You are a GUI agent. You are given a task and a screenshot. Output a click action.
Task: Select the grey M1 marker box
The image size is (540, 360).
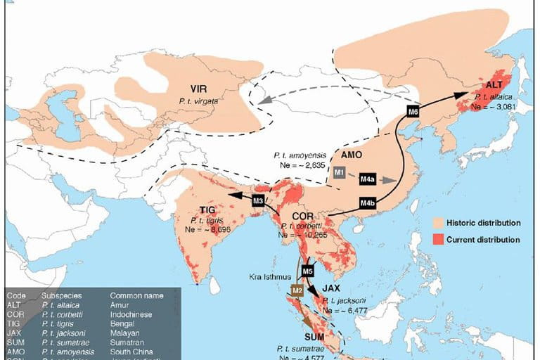coord(340,172)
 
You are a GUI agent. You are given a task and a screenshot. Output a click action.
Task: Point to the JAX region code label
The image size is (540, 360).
coord(332,288)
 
